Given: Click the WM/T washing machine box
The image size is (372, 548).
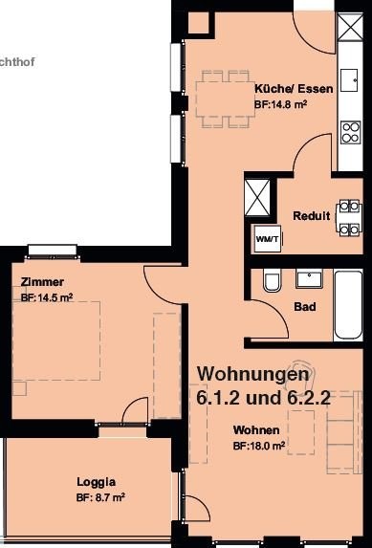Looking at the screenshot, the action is click(x=268, y=239).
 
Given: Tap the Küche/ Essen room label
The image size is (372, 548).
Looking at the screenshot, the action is click(x=294, y=89).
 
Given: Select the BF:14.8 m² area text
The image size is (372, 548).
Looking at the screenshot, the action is click(x=281, y=104).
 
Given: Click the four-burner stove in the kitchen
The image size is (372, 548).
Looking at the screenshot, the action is click(x=351, y=132).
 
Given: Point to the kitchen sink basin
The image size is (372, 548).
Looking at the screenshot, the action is click(x=349, y=80).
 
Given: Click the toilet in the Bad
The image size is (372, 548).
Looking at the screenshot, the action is click(x=273, y=280).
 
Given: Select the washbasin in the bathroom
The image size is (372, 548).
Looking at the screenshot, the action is click(x=310, y=278).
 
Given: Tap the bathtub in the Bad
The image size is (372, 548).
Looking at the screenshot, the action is click(x=348, y=305).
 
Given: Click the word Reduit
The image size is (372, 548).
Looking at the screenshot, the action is click(x=311, y=215).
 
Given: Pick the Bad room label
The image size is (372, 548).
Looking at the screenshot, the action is click(x=305, y=307).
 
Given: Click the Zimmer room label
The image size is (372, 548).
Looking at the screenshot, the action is click(x=42, y=282).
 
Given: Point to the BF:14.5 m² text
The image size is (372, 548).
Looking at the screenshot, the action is click(x=47, y=297).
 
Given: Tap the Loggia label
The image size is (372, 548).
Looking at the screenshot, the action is click(x=97, y=482).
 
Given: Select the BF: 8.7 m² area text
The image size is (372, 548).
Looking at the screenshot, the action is click(x=100, y=497).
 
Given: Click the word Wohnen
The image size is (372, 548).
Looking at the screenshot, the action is click(x=256, y=429).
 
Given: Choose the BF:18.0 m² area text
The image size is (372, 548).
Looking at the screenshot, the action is click(x=259, y=446).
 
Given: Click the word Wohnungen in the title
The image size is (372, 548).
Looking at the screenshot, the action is click(x=253, y=375).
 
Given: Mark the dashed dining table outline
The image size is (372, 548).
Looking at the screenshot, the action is click(x=225, y=99).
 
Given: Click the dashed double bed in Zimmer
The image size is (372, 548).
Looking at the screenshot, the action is click(x=56, y=340).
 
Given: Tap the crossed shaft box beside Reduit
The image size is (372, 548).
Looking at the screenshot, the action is click(x=257, y=197).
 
